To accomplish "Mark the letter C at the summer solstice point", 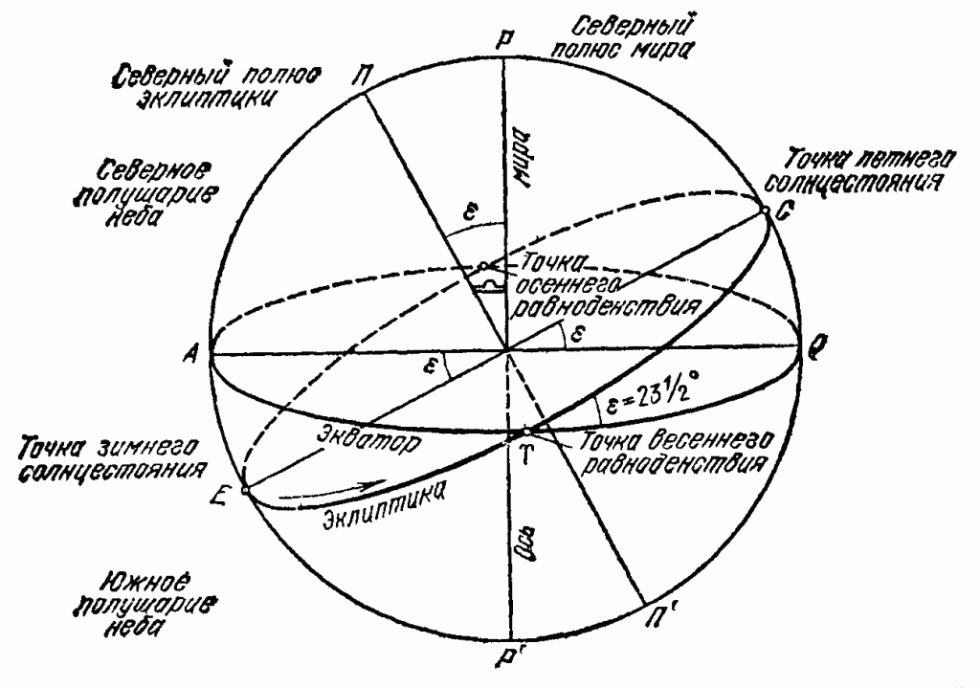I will click(x=783, y=216).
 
